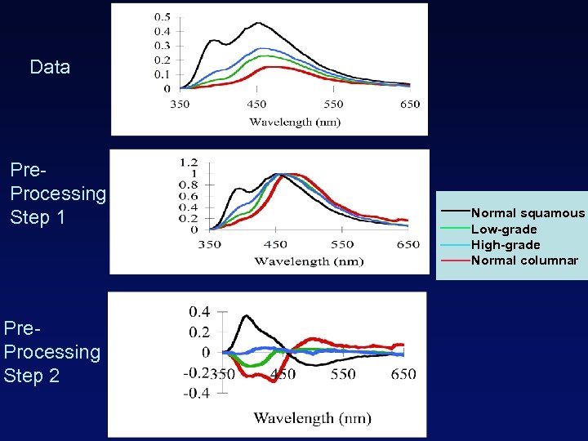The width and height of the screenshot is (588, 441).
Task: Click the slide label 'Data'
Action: [50, 67]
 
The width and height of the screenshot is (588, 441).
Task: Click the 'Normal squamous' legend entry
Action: [528, 213]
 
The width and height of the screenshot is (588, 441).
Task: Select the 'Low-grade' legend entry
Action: [504, 229]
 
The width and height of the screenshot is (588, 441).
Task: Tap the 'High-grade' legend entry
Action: [506, 245]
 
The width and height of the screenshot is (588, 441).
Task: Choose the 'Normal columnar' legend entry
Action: [524, 261]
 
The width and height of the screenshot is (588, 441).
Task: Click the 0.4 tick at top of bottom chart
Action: [199, 311]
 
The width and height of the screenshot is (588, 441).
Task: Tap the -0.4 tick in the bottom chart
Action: [197, 393]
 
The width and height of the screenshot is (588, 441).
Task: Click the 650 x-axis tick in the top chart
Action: [410, 104]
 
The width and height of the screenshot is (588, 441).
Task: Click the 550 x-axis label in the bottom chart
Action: [343, 374]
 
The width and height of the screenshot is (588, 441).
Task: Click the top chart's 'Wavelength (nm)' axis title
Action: [295, 122]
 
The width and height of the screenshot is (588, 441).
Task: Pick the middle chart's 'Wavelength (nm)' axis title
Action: [309, 261]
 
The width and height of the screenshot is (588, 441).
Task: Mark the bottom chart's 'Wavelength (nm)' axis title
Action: [312, 418]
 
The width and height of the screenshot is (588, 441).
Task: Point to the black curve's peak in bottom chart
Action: [244, 316]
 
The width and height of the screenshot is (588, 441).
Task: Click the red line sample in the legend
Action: [455, 261]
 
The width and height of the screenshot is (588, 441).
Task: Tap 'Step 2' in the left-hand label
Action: [32, 376]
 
